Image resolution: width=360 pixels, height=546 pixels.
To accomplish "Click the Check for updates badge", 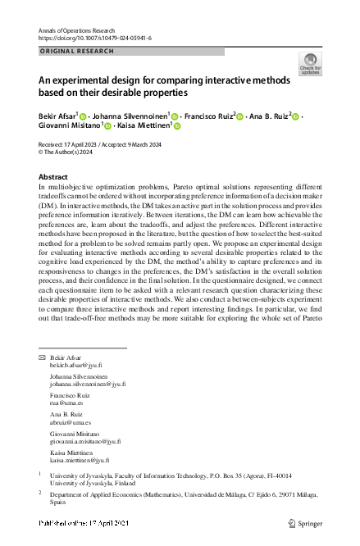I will point(311,63).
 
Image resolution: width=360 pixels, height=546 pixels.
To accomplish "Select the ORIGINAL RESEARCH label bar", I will point(131,51).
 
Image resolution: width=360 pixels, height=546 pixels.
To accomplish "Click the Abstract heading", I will point(53,176).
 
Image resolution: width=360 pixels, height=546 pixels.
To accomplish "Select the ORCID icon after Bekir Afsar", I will point(84,116).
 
